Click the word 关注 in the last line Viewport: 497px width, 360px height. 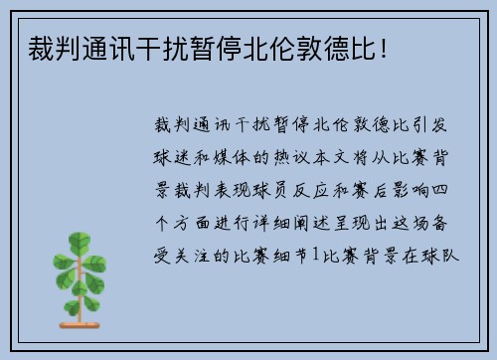coord(195,255)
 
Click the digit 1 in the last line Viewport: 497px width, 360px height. coord(317,255)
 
